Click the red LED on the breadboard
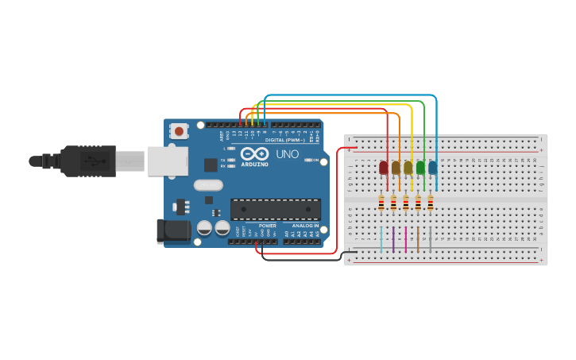point(384,167)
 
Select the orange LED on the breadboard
point(396,167)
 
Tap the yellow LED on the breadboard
point(408,167)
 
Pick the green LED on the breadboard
point(420,167)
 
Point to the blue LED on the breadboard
point(432,167)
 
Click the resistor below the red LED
point(381,203)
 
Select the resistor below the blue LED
point(430,203)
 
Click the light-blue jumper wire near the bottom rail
point(381,239)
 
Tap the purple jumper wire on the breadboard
point(393,239)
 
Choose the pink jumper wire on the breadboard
point(406,239)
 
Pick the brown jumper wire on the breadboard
point(418,239)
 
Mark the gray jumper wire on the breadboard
point(431,239)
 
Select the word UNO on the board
point(287,153)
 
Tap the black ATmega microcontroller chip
point(275,209)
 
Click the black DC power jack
point(173,230)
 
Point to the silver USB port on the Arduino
point(167,161)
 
